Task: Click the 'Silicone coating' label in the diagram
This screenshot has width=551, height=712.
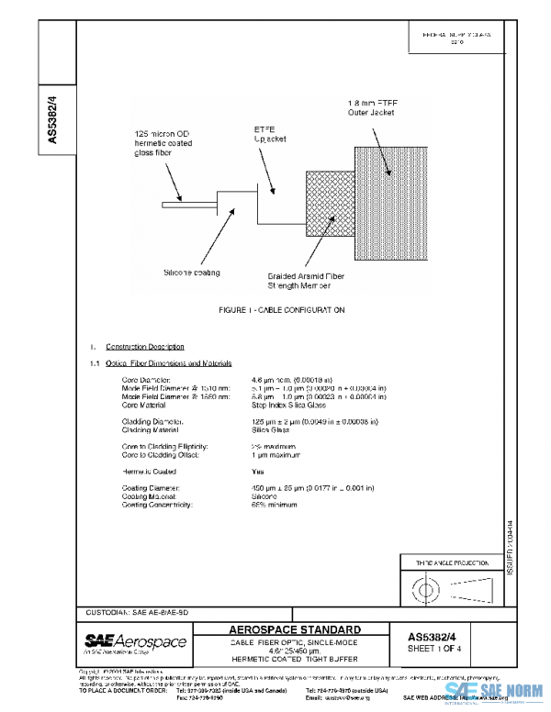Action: pyautogui.click(x=192, y=273)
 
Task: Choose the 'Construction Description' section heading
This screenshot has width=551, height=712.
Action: pyautogui.click(x=144, y=347)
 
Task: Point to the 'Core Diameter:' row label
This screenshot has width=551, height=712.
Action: pyautogui.click(x=146, y=379)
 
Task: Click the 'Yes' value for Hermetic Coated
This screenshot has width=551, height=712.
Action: pyautogui.click(x=257, y=470)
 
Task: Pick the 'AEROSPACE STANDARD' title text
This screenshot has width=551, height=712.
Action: pyautogui.click(x=294, y=629)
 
